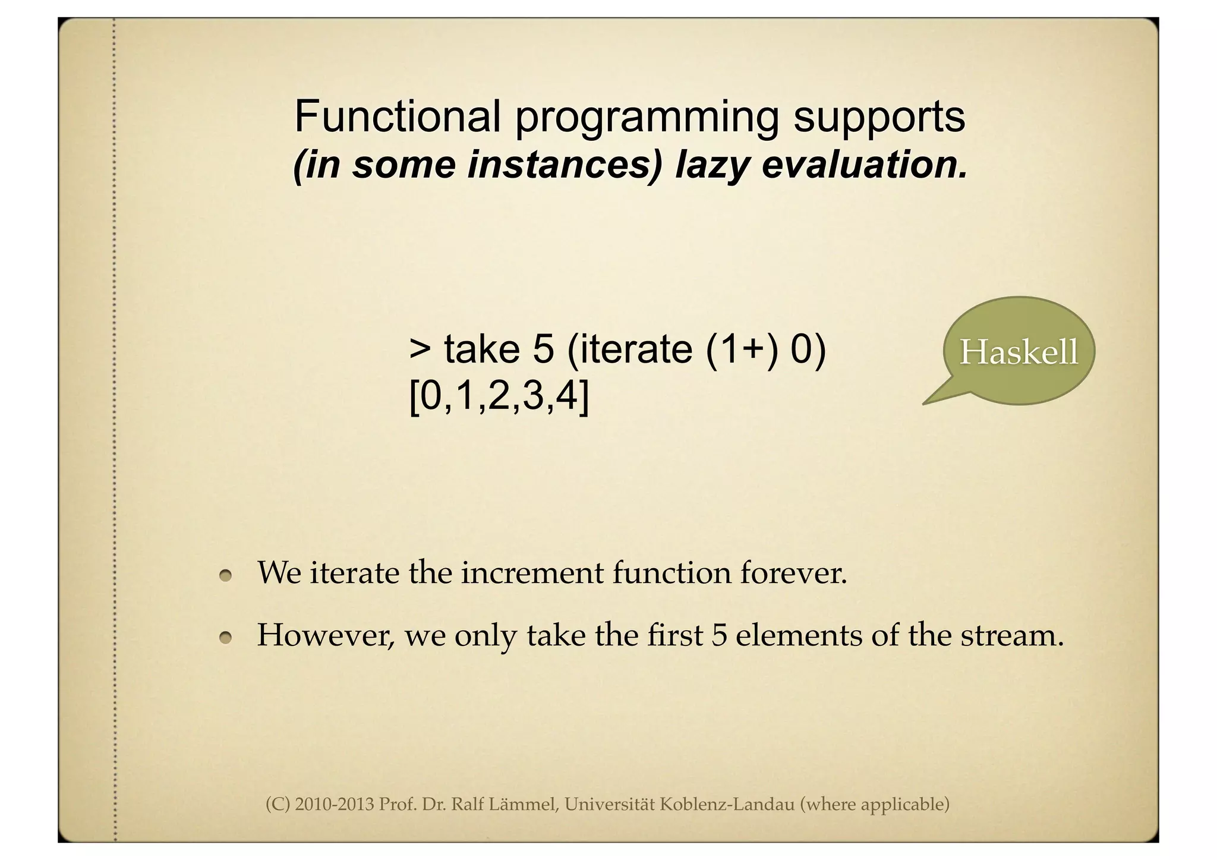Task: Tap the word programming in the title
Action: [646, 117]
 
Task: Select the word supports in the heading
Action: [879, 117]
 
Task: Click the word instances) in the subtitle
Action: [564, 165]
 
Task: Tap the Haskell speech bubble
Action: [1018, 351]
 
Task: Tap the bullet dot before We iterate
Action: [225, 575]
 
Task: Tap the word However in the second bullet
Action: [324, 635]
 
